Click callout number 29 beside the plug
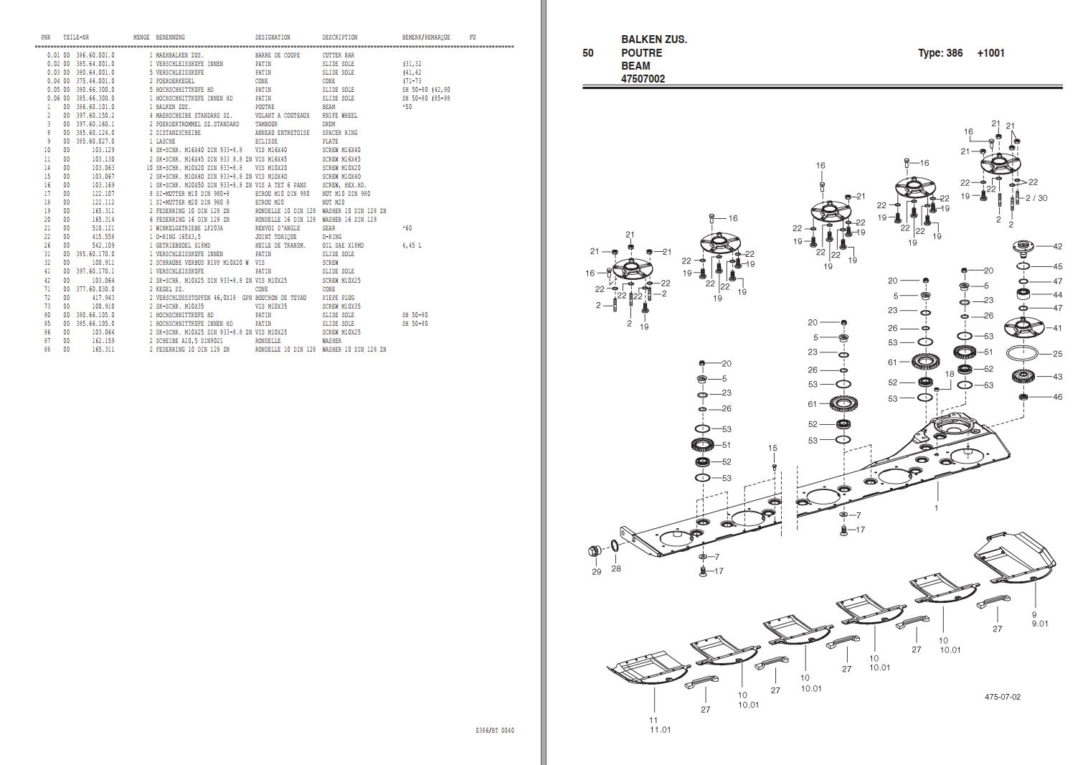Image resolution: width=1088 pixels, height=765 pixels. [596, 572]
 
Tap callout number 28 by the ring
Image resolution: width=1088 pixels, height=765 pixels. [616, 568]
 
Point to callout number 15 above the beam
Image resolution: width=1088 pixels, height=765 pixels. [772, 449]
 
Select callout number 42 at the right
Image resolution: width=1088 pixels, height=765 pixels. [1057, 246]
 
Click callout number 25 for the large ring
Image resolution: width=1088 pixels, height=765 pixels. [1057, 354]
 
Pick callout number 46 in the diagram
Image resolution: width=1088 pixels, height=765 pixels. [1057, 397]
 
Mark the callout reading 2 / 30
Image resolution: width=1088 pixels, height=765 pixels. [1036, 198]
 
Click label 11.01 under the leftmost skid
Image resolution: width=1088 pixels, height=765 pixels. [660, 730]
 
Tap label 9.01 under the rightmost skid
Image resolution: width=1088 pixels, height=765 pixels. [1039, 623]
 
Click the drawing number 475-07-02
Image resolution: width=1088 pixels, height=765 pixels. [1002, 697]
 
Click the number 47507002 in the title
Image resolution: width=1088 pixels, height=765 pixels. [643, 79]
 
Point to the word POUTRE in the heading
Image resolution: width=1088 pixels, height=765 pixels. [641, 53]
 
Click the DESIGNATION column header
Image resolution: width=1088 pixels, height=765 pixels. [273, 37]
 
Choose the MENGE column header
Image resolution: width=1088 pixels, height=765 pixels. [141, 37]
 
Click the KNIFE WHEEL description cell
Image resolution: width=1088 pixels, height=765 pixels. [339, 116]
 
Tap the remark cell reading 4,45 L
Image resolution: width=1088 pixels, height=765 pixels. [412, 245]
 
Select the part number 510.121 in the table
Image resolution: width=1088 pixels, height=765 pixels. [103, 228]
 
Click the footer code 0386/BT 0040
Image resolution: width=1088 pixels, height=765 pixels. [494, 731]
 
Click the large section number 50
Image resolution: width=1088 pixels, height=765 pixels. [588, 53]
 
